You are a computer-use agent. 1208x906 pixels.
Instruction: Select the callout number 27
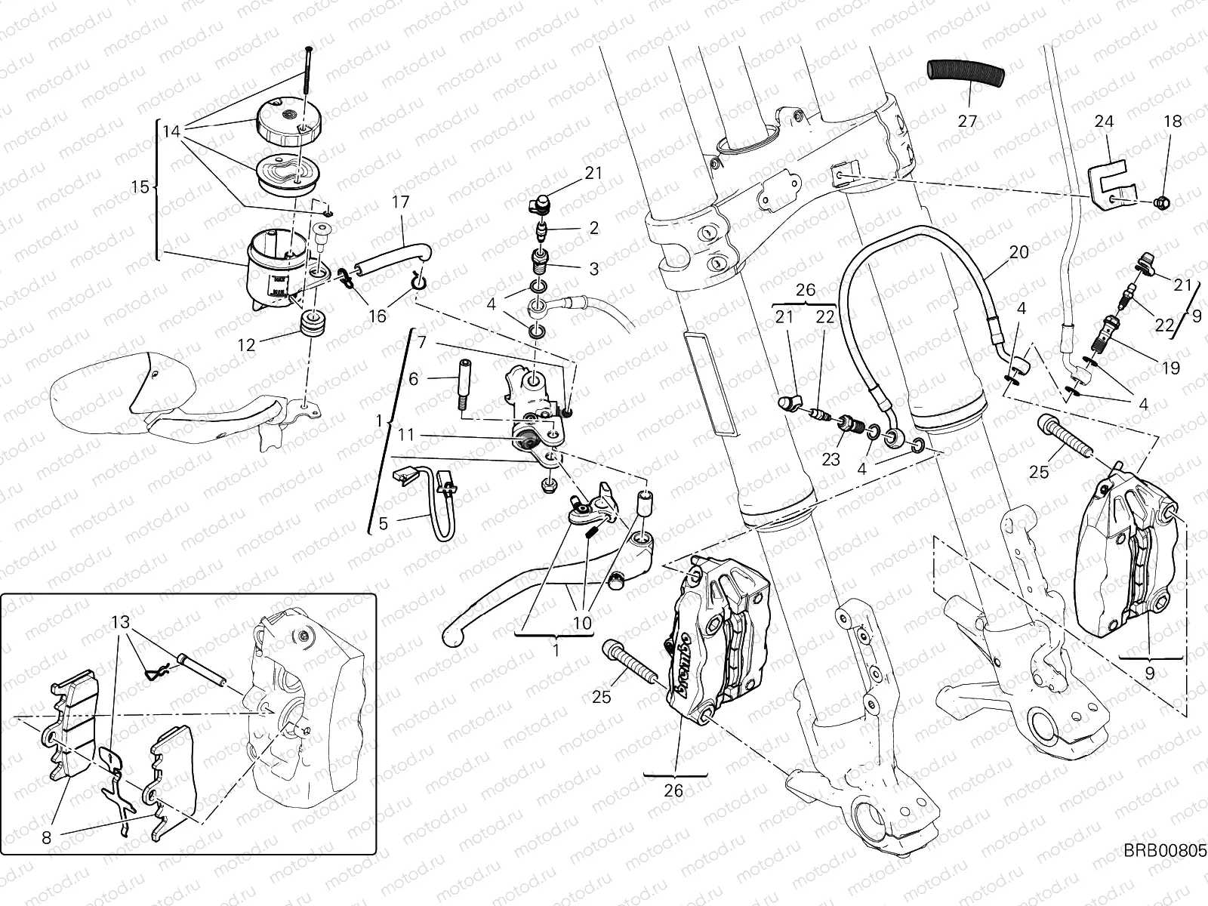coord(968,121)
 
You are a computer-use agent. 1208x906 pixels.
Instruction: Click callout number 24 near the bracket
coord(1104,122)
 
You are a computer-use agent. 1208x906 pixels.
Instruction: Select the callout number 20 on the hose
coord(1019,252)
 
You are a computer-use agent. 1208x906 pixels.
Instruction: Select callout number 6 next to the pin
coord(413,380)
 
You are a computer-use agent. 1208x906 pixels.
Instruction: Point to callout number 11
coord(406,436)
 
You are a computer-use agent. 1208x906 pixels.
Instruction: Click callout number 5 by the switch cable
coord(383,522)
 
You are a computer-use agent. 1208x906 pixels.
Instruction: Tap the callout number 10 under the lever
coord(583,624)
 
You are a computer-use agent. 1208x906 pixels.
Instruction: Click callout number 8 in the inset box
coord(47,837)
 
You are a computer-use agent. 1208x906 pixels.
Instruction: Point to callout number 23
coord(830,459)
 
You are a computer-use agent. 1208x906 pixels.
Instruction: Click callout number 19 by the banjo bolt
coord(1171,368)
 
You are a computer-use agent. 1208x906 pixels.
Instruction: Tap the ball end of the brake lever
coord(451,636)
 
